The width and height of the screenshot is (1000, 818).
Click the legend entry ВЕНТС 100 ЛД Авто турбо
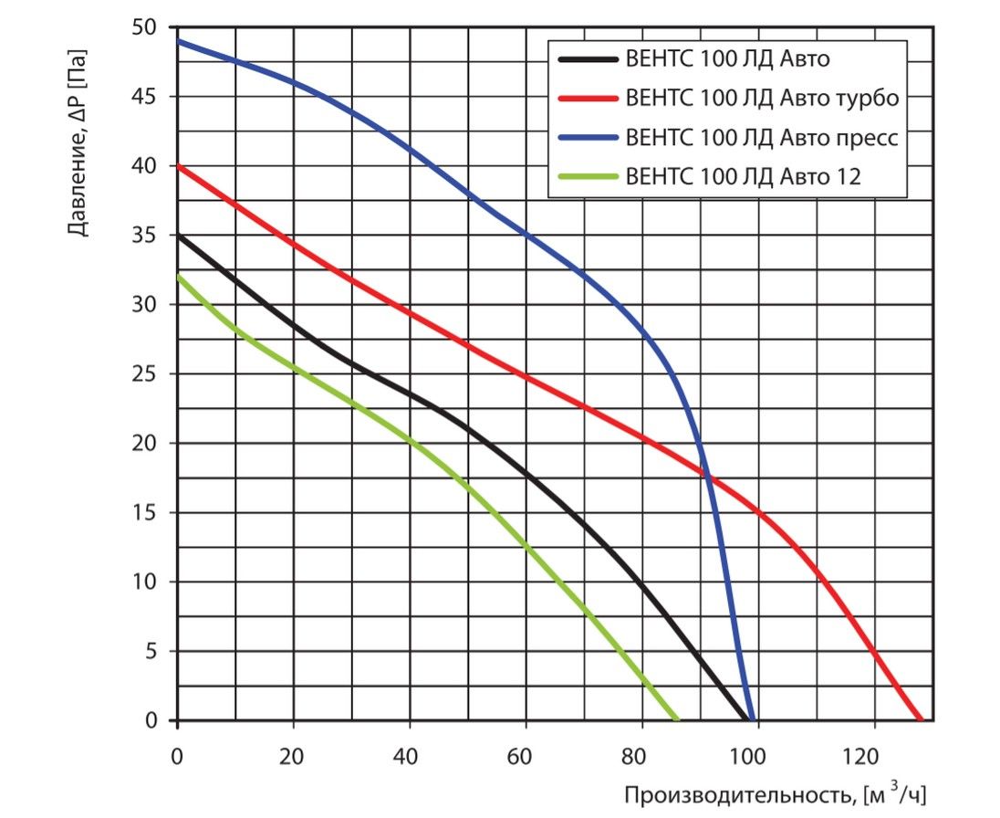pos(763,98)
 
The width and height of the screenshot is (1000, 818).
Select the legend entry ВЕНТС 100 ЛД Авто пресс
pos(763,138)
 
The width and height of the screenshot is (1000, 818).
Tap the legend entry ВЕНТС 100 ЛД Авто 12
pos(744,177)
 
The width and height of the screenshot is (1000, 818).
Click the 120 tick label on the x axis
pos(874,756)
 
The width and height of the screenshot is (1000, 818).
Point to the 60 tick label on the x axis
pos(526,756)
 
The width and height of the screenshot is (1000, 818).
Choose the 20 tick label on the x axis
pos(294,756)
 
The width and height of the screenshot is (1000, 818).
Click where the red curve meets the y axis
pos(178,166)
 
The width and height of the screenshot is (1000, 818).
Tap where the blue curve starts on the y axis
pos(178,41)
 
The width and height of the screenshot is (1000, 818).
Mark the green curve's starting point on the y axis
pos(178,277)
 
